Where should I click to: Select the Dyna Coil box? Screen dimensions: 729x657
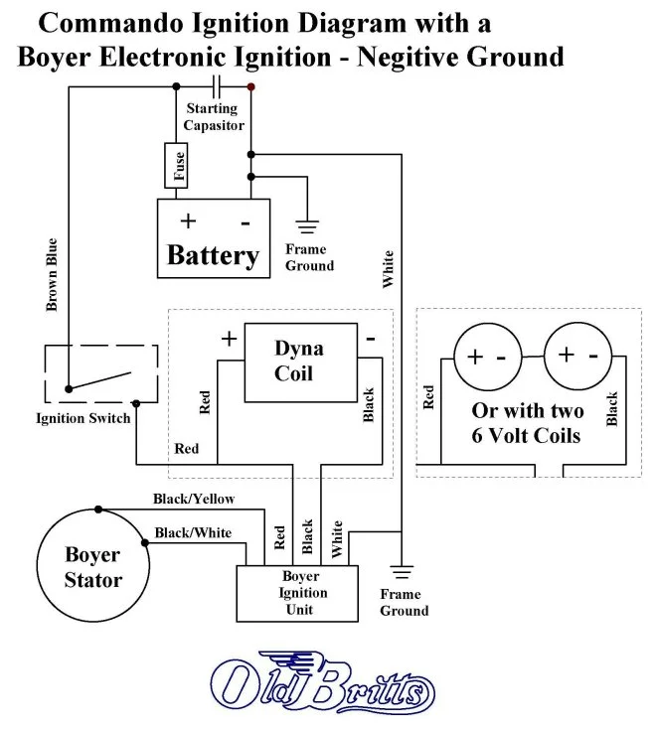tap(299, 362)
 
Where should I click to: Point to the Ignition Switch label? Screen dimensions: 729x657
tap(83, 418)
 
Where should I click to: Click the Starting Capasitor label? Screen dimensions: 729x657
tap(213, 117)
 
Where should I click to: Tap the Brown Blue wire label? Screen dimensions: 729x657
tap(53, 274)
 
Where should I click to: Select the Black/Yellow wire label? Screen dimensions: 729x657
tap(195, 499)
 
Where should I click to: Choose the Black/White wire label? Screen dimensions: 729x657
tap(193, 533)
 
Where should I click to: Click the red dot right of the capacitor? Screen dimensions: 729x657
tap(251, 87)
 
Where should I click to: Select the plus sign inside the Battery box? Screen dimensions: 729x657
tap(187, 221)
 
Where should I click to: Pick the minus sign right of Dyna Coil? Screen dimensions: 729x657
tap(370, 339)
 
